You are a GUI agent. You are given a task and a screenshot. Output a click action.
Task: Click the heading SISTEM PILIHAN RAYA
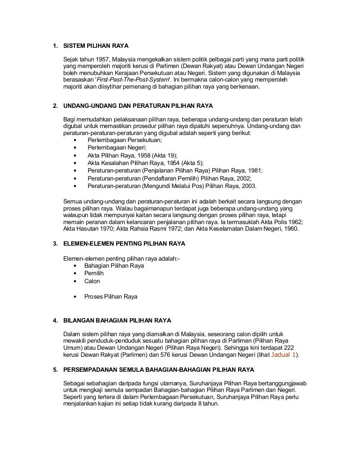point(96,46)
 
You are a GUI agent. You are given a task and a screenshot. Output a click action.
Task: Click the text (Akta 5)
point(184,163)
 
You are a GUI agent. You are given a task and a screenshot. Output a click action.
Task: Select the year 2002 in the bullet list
point(243,178)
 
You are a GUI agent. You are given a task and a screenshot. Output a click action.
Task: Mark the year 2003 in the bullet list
point(248,186)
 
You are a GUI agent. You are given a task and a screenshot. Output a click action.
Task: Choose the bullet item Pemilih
point(94,273)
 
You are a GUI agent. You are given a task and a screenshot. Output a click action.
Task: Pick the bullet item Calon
point(92,281)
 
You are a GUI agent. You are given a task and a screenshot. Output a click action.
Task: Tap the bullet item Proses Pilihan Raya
point(111,297)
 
